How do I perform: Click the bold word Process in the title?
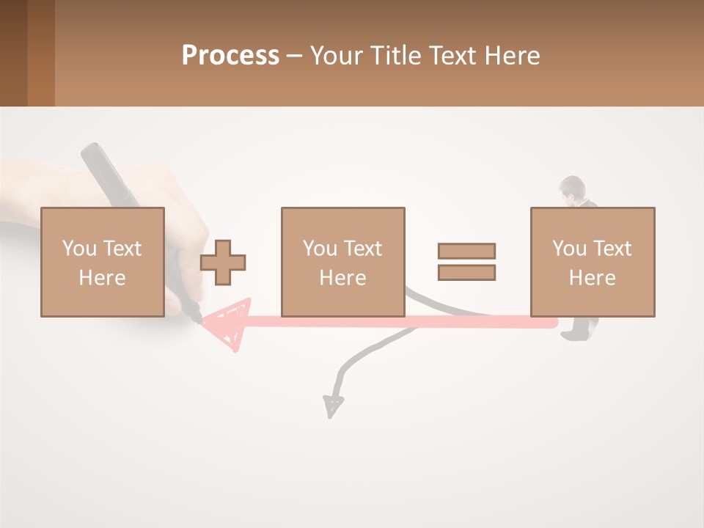point(230,55)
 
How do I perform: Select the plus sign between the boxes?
point(223,262)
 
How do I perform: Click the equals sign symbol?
point(466,262)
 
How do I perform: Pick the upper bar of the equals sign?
point(466,251)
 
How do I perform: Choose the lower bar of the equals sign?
point(466,273)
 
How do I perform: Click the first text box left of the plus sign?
point(102,262)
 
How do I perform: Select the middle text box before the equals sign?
point(342,262)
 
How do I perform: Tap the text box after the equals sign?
point(592,262)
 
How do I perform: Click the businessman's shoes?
point(573,334)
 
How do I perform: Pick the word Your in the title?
point(335,55)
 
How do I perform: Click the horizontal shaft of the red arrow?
point(403,321)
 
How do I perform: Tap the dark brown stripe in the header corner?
point(13,53)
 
